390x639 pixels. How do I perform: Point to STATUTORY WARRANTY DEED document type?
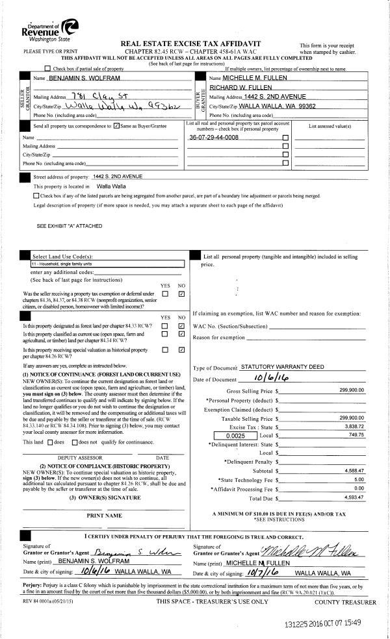282,367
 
